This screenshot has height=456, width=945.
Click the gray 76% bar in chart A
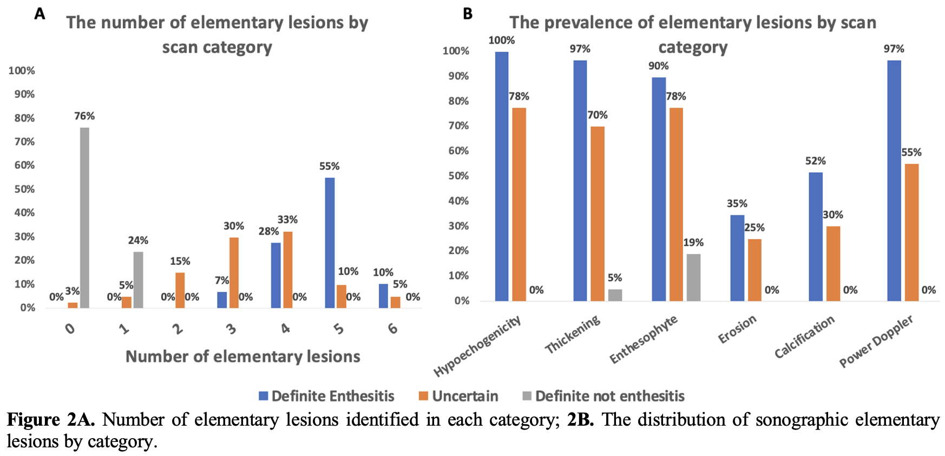pos(84,218)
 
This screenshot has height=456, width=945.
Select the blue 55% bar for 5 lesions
pos(330,243)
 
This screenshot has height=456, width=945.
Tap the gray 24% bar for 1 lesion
pos(138,279)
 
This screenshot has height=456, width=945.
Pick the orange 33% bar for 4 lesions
pos(287,270)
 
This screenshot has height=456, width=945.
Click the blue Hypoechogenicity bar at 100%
pos(502,176)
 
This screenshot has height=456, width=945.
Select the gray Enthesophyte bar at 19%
pos(693,277)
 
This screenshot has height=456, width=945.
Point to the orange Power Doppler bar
pos(911,232)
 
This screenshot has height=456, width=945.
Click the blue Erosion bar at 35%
pos(737,258)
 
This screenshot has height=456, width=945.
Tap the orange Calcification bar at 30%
pos(833,263)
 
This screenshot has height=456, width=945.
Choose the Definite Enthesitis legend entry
pos(326,396)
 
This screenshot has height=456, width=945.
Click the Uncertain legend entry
pos(458,396)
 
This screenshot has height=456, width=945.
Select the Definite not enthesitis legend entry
pos(603,396)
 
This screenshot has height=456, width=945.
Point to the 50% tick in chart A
pos(24,189)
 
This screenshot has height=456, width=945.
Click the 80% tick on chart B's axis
pos(458,101)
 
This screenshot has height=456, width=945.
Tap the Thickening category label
pos(573,335)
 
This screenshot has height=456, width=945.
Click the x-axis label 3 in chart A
pos(232,329)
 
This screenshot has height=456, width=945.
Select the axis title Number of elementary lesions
pos(242,356)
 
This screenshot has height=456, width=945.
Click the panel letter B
pos(468,14)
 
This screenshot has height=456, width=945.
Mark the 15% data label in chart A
pos(180,261)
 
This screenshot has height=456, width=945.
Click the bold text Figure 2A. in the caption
pos(51,420)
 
